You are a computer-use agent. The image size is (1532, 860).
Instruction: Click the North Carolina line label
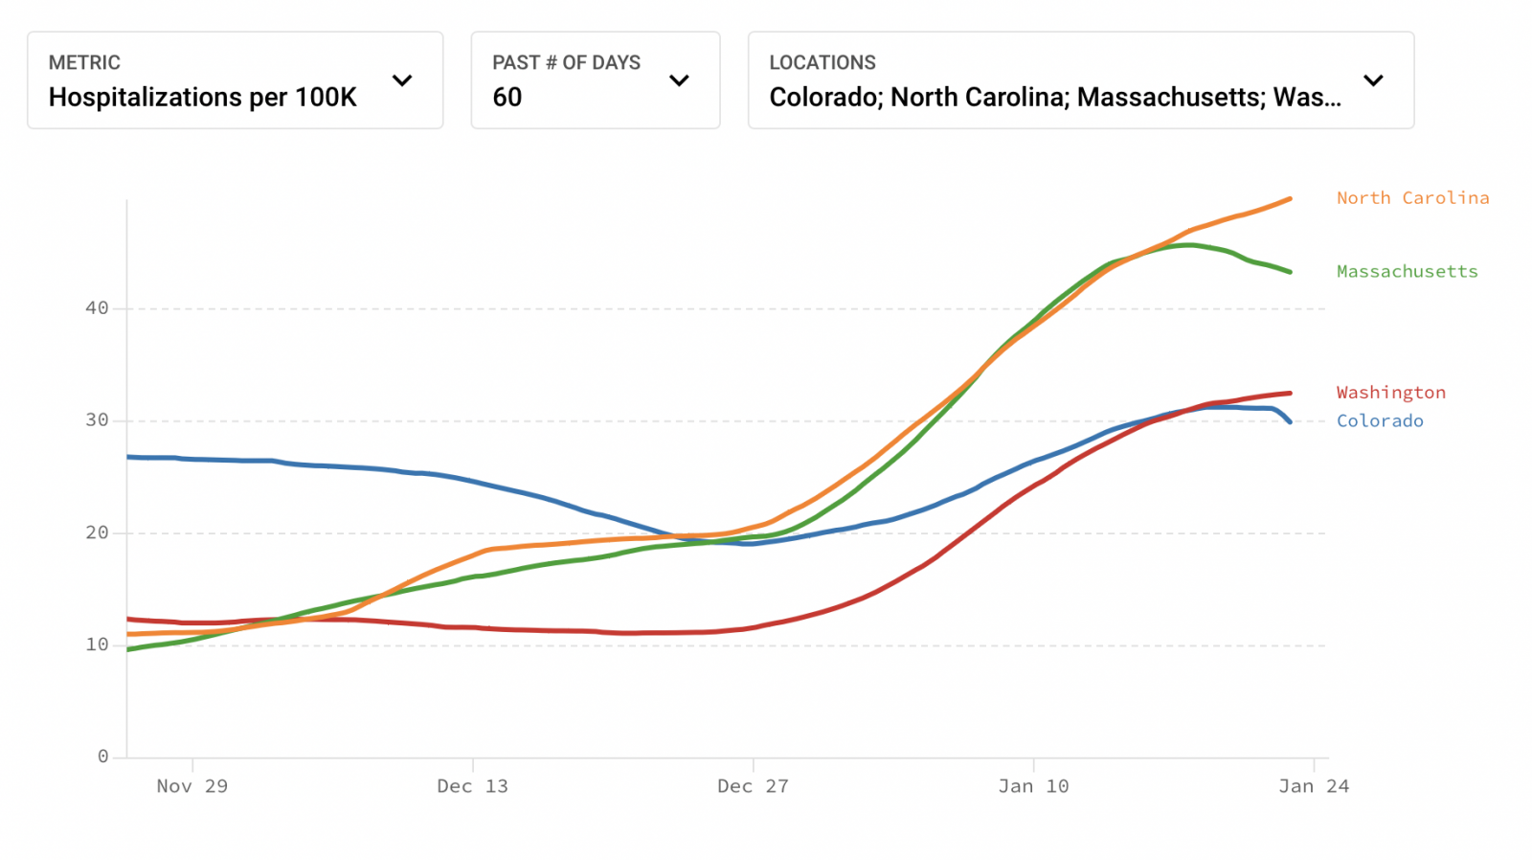point(1412,198)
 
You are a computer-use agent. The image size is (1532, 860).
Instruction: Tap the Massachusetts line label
point(1407,272)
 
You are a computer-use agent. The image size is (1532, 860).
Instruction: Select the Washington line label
point(1390,393)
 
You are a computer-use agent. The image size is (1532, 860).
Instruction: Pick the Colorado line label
point(1379,421)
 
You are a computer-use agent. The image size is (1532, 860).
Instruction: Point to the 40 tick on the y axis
point(97,308)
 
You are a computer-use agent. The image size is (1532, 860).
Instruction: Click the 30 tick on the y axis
point(97,420)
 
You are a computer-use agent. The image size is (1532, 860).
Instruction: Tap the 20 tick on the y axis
point(97,532)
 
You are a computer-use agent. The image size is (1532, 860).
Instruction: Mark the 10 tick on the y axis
point(97,645)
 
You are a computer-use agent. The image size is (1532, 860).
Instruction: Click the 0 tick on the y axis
point(102,757)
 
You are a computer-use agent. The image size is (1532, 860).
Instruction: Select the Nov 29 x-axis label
point(191,786)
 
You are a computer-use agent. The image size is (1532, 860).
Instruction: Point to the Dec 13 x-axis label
point(472,786)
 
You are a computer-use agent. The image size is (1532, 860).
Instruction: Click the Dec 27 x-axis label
point(753,786)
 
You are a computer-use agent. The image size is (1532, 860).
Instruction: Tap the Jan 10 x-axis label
point(1033,786)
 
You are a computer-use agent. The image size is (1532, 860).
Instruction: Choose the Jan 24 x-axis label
point(1314,786)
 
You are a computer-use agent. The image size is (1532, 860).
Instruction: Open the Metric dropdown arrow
point(402,80)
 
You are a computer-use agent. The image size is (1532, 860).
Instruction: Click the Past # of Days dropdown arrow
point(679,80)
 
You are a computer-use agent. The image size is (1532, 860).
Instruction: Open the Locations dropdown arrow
point(1373,80)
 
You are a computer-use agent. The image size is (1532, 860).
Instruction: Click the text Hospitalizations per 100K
point(202,98)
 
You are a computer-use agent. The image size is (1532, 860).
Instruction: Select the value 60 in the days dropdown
point(507,98)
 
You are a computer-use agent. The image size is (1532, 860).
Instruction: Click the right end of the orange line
point(1290,199)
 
